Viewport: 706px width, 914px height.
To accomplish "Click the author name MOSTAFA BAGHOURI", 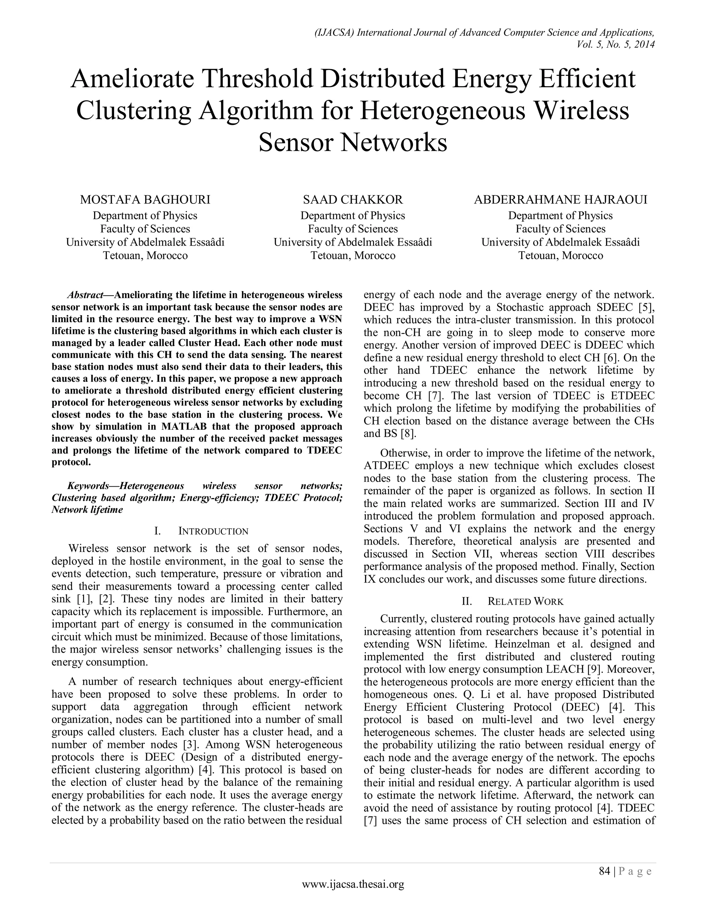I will coord(145,200).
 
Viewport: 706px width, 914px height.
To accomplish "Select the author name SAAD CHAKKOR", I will coord(353,200).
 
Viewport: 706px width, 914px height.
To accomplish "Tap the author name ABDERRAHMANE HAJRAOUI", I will coord(561,200).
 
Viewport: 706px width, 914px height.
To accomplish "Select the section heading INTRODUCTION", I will coord(213,531).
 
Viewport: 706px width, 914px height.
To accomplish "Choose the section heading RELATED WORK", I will coord(526,602).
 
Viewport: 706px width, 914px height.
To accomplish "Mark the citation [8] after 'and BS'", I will coord(407,434).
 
